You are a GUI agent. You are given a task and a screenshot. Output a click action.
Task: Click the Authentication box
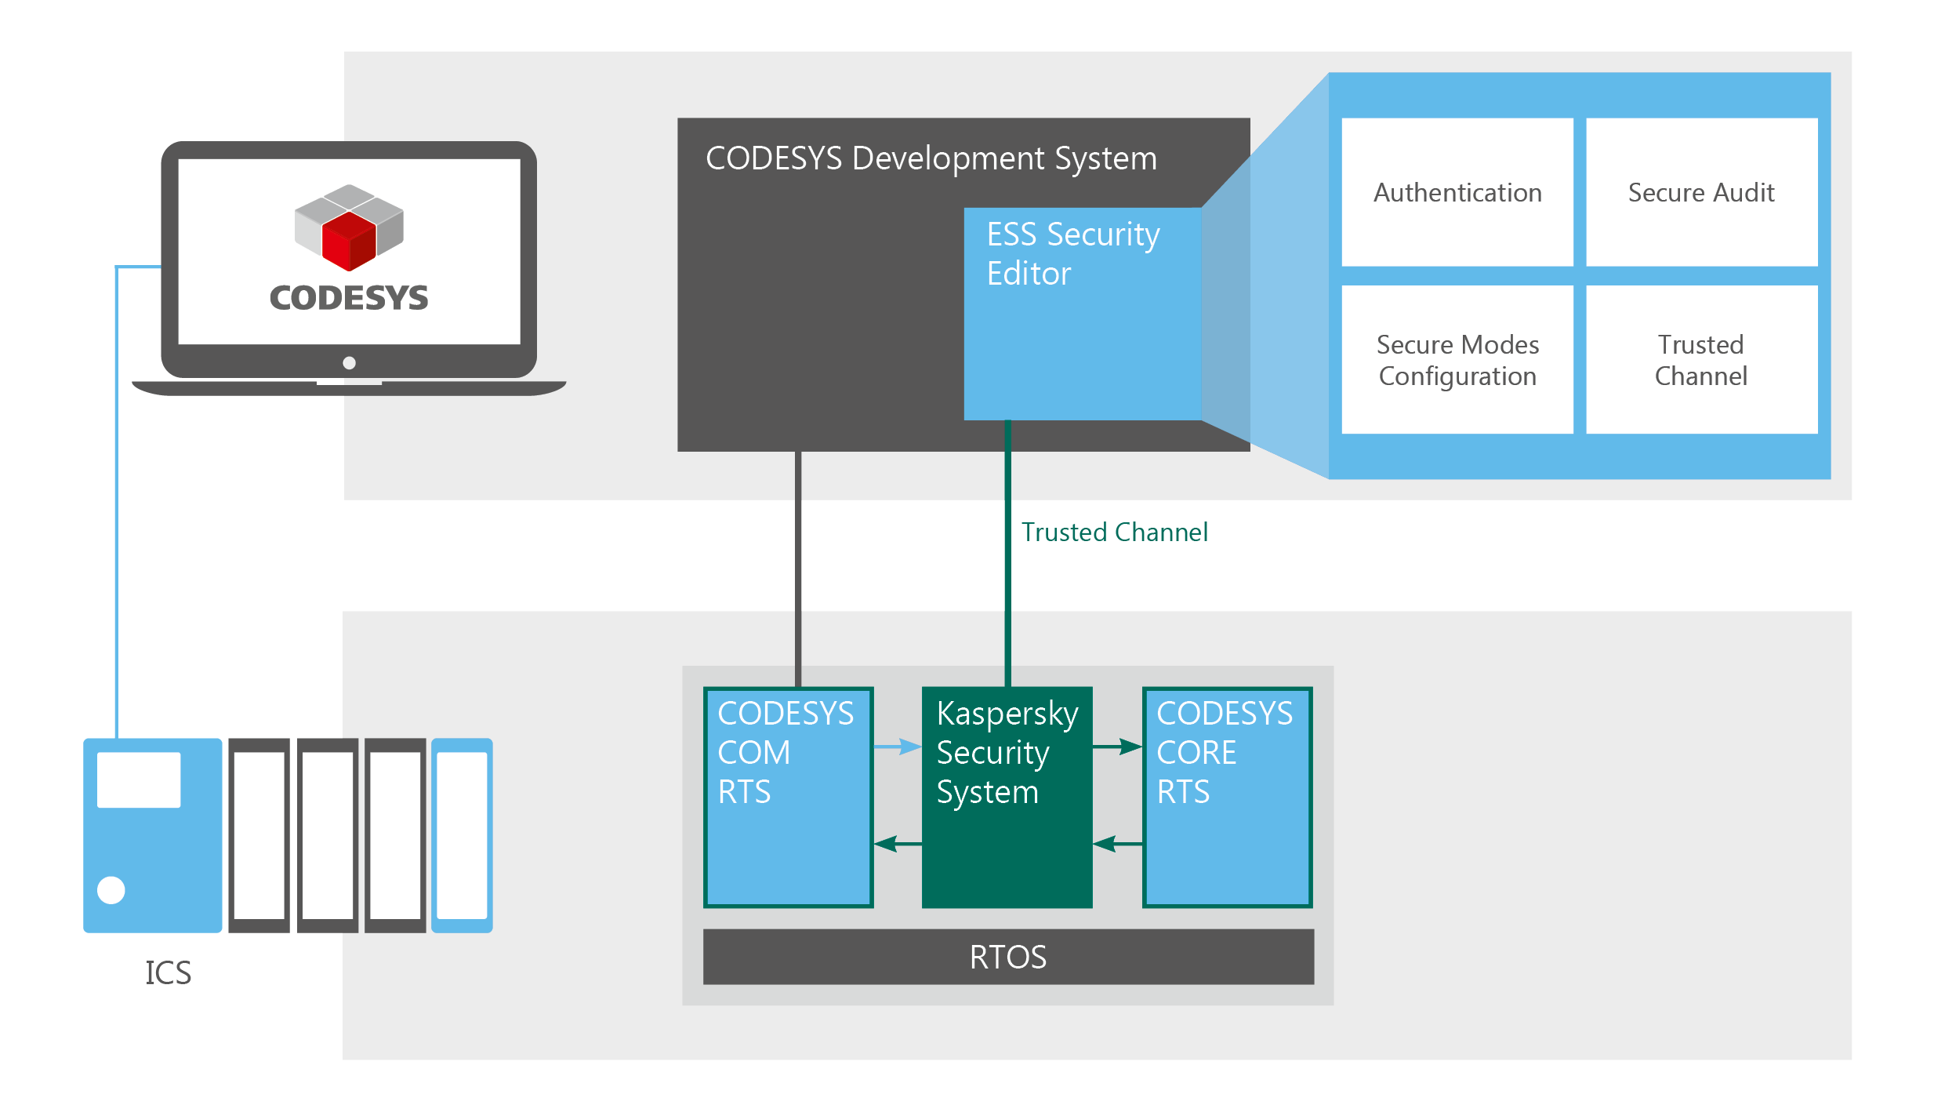tap(1457, 192)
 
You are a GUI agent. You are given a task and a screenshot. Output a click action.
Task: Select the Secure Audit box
tap(1701, 192)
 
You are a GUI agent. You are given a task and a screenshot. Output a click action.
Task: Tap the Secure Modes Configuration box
tap(1457, 360)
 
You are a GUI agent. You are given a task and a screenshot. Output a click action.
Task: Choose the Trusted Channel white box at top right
tap(1701, 360)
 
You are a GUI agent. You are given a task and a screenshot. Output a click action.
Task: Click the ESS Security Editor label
tap(1072, 253)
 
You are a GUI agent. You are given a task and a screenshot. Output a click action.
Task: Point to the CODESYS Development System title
tap(931, 158)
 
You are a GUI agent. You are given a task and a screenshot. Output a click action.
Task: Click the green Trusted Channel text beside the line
tap(1113, 532)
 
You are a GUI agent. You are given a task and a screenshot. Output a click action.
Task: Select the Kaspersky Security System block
tap(1007, 797)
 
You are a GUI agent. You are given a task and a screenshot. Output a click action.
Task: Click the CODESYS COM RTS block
tap(788, 797)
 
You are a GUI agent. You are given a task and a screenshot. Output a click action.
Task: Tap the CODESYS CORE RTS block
tap(1227, 797)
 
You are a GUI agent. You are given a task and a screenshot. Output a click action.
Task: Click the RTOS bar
tap(1007, 957)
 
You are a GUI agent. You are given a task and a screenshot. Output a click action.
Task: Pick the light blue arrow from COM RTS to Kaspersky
tap(898, 747)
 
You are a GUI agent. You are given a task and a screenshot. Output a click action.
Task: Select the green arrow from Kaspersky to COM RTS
tap(897, 844)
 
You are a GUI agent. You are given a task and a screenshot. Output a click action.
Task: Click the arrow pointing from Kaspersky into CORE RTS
tap(1118, 747)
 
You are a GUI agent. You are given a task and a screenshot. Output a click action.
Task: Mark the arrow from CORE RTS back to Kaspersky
tap(1116, 844)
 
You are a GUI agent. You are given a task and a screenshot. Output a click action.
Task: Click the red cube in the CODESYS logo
tap(350, 240)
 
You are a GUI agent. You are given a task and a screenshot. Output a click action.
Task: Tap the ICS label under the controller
tap(168, 972)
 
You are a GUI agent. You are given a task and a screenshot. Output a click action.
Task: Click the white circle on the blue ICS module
tap(111, 890)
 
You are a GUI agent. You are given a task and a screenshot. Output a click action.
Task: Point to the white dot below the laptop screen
tap(350, 362)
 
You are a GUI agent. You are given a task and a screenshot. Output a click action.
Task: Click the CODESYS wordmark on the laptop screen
tap(349, 298)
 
